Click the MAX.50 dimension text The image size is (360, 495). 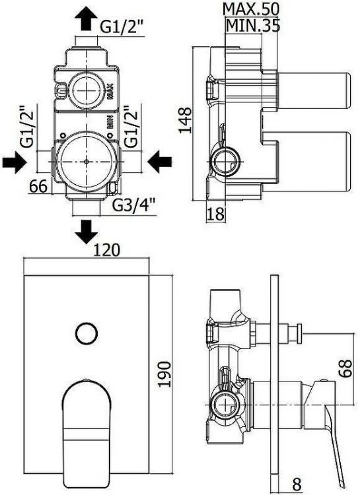pos(251,9)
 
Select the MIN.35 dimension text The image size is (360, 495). pos(254,26)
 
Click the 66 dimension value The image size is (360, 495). pos(38,187)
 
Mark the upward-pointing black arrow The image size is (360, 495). pos(87,19)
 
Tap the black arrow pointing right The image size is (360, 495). pos(16,160)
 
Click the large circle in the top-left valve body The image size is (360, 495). pos(87,160)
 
